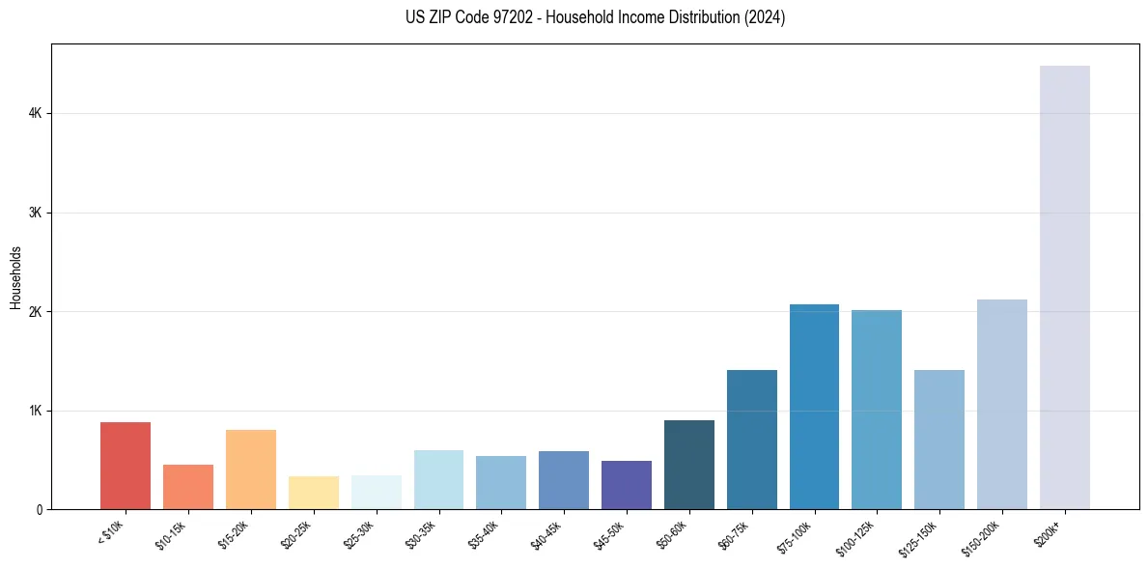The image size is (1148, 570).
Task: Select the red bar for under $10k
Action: pos(126,466)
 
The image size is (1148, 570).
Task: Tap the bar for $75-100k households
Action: pos(814,407)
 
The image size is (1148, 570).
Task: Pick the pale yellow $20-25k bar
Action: pos(314,493)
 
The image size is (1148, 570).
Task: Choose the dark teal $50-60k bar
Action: pos(689,465)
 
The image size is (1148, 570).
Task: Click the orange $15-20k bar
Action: pos(251,470)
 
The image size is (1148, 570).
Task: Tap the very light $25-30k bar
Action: pos(376,492)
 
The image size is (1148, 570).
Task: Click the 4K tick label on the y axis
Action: pos(36,114)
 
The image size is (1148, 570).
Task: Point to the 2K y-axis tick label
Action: pos(36,312)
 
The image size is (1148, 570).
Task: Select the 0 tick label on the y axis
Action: pos(40,510)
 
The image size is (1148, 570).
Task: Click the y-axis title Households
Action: pos(15,277)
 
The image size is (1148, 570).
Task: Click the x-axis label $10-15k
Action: pos(172,534)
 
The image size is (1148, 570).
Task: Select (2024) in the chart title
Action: pos(764,17)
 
